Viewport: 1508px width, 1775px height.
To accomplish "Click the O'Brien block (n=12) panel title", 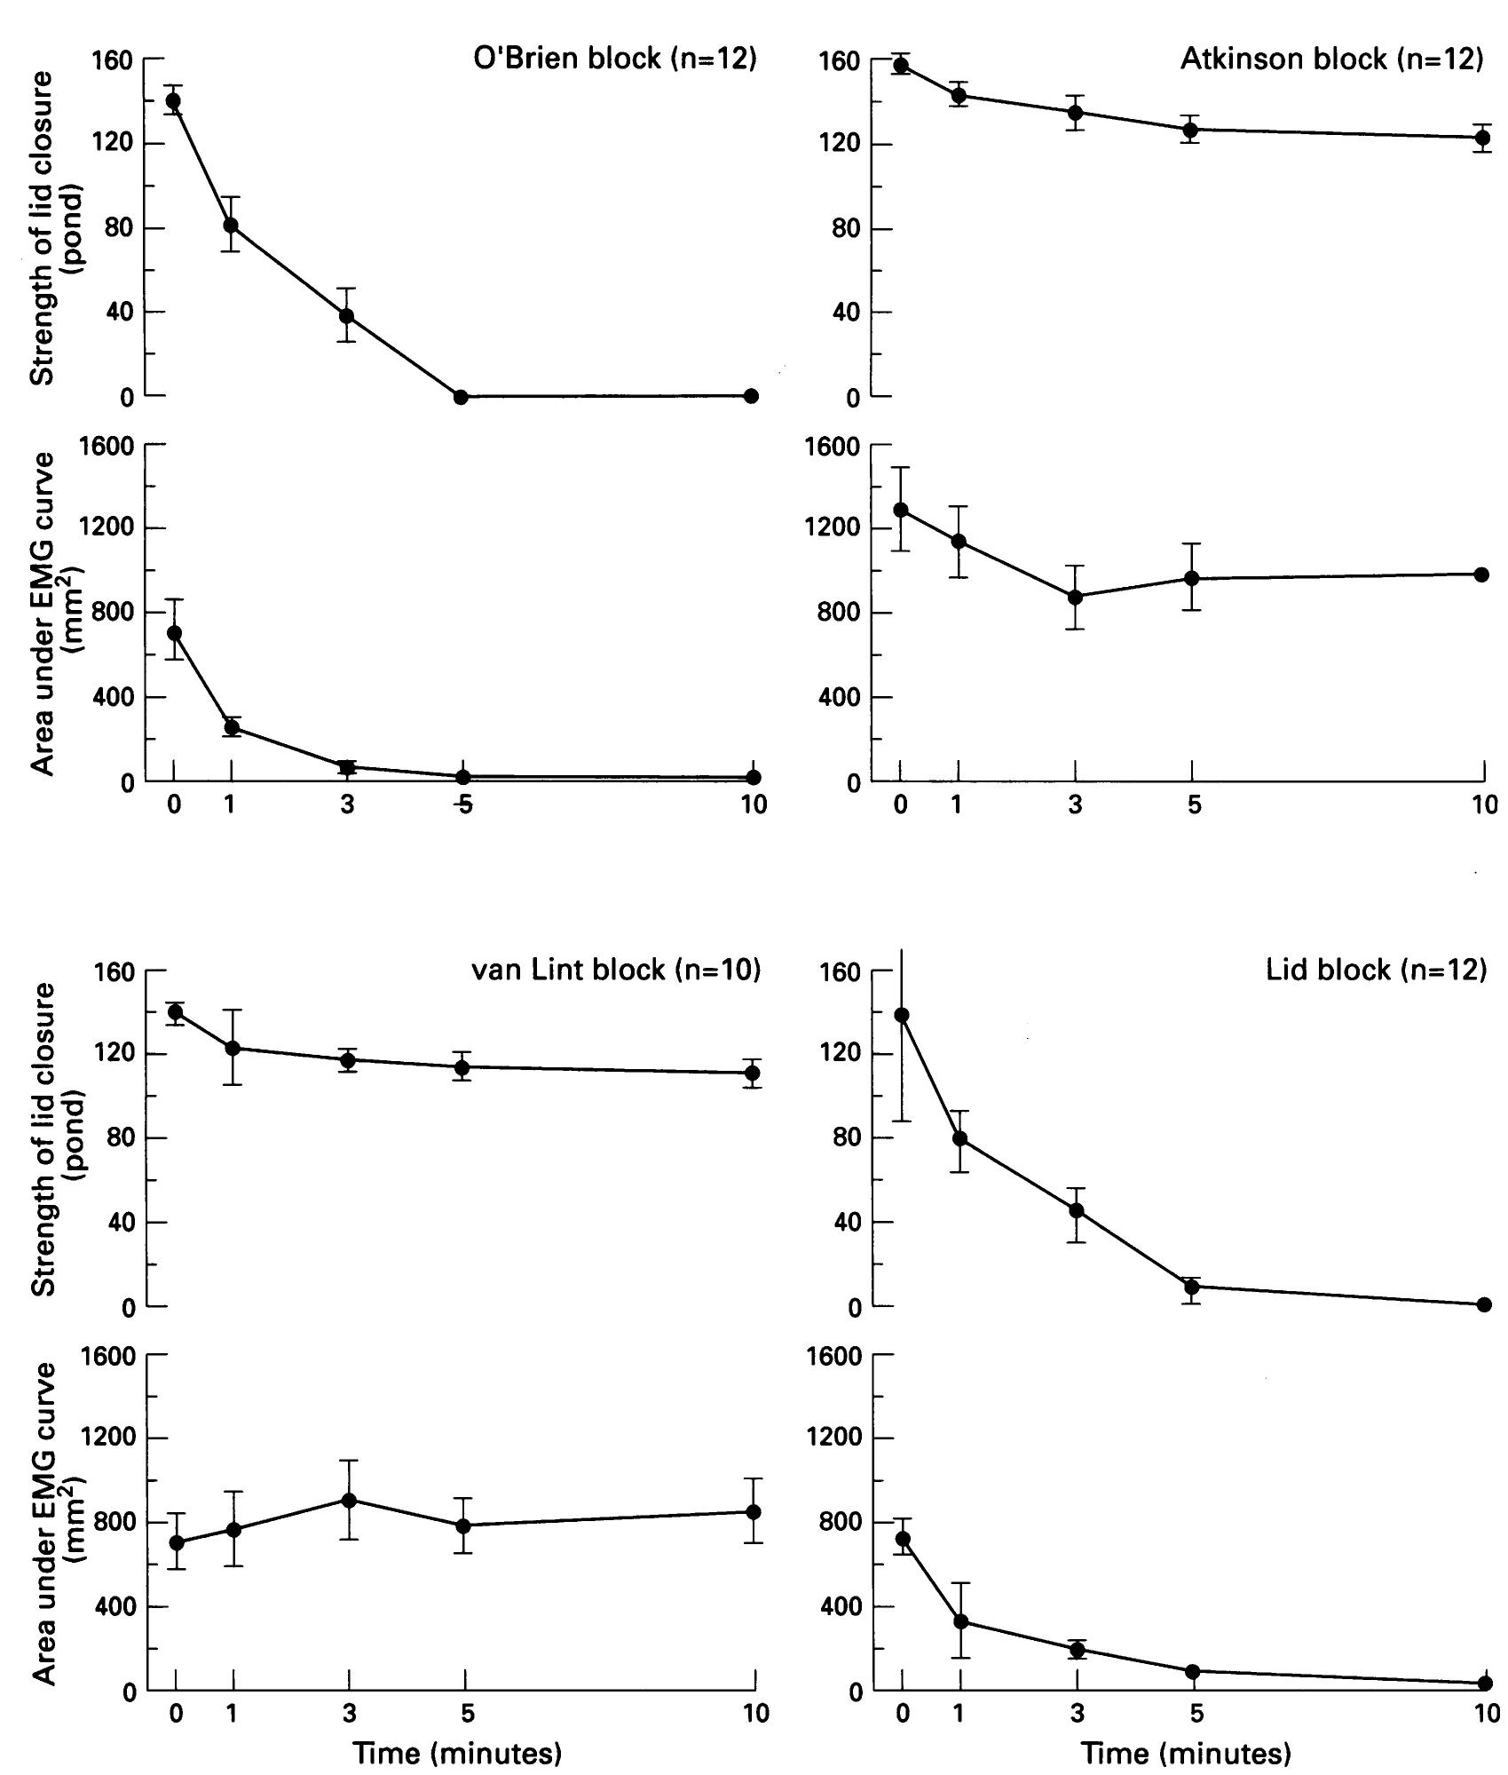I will coord(614,59).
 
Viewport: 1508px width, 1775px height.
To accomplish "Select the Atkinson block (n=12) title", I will coord(1331,59).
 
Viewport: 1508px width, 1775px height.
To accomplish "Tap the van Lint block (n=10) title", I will coord(615,970).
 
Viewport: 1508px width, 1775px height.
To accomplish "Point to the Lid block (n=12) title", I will coord(1376,970).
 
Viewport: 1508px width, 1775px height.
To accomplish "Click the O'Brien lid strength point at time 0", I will coord(173,101).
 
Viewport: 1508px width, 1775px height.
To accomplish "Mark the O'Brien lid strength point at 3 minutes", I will coord(347,316).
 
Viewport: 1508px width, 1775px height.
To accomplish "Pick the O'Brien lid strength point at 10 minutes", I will coord(751,396).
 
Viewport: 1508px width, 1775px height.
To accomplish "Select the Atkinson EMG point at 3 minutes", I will coord(1076,597).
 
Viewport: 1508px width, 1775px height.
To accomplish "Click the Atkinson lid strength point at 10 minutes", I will coord(1482,138).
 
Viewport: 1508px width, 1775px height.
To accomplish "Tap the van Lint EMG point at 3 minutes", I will coord(349,1500).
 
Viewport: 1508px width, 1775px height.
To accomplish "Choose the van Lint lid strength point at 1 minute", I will coord(233,1048).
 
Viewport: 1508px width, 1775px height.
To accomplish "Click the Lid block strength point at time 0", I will coord(903,1015).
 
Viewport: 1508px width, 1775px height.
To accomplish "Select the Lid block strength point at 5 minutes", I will coord(1192,1287).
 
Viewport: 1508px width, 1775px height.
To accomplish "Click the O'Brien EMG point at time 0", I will coord(174,633).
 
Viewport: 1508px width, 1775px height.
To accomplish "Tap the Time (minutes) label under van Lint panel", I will coord(457,1753).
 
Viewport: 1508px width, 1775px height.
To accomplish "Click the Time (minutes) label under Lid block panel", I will coord(1186,1753).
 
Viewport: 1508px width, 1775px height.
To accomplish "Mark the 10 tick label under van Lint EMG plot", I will coord(755,1713).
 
